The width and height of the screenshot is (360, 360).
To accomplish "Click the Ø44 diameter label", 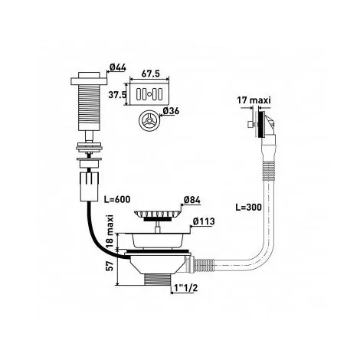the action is coord(118,67).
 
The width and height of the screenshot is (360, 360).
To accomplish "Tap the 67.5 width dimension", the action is coord(150,74).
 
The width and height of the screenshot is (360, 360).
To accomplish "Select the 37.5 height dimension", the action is coord(117,95).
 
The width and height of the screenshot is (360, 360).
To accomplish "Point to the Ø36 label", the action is coord(171,111).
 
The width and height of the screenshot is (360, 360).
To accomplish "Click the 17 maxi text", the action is coord(254,100).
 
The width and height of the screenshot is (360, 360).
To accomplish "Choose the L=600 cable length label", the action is coord(117,199).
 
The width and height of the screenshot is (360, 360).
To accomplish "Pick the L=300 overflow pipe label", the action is coord(248,207).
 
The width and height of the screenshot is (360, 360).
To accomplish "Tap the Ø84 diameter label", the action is coord(192,201).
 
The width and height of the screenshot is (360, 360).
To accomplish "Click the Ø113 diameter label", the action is coord(204,221).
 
